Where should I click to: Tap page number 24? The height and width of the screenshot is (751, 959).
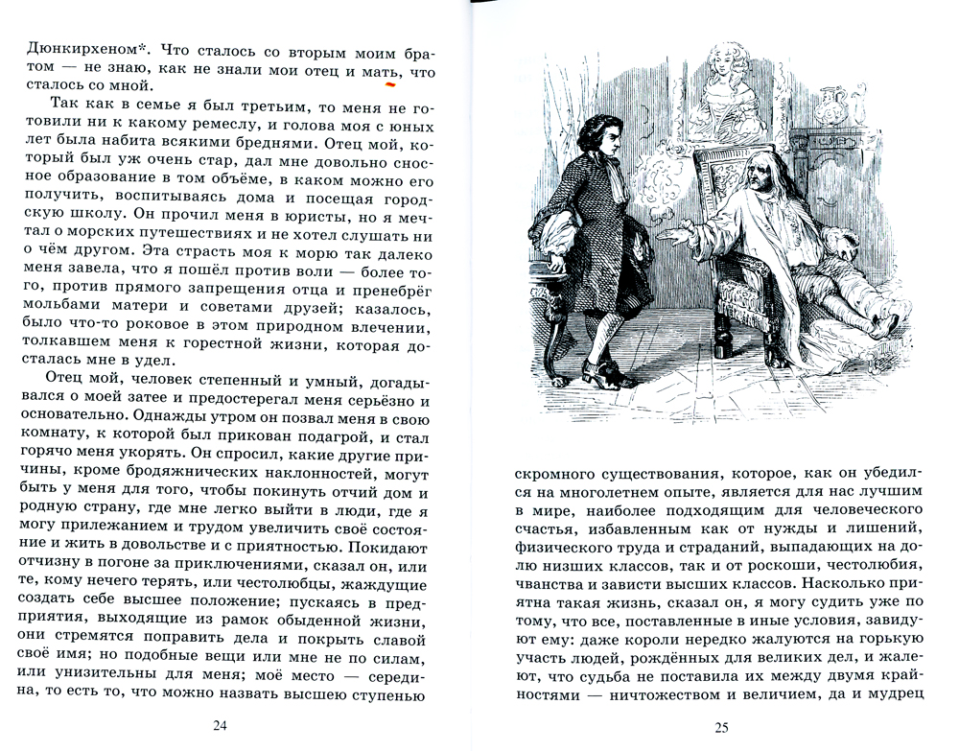(222, 724)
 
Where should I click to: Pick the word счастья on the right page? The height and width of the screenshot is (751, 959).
(548, 529)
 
